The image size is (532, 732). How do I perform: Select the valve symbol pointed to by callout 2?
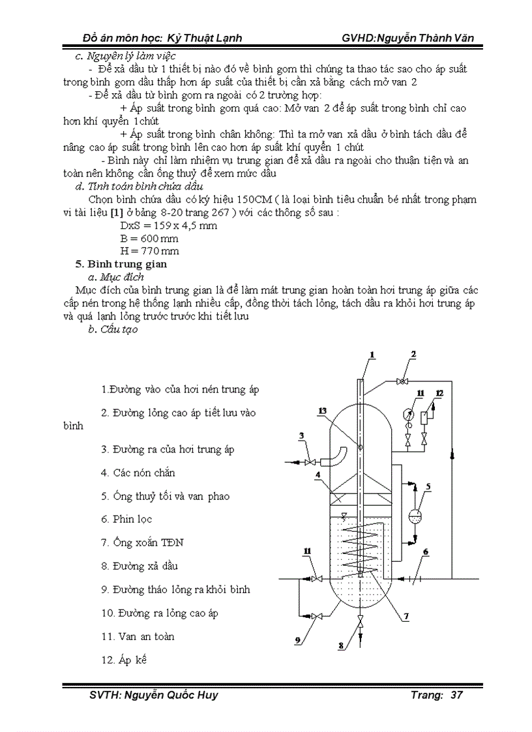404,381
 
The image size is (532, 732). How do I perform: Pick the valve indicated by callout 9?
318,616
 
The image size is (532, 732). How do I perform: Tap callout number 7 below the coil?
406,616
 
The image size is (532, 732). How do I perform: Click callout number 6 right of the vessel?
426,553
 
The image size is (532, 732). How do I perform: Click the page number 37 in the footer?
456,695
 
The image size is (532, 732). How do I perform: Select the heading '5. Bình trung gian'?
122,264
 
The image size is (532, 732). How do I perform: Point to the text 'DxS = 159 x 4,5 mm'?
169,226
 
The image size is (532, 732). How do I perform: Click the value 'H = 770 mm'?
149,251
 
